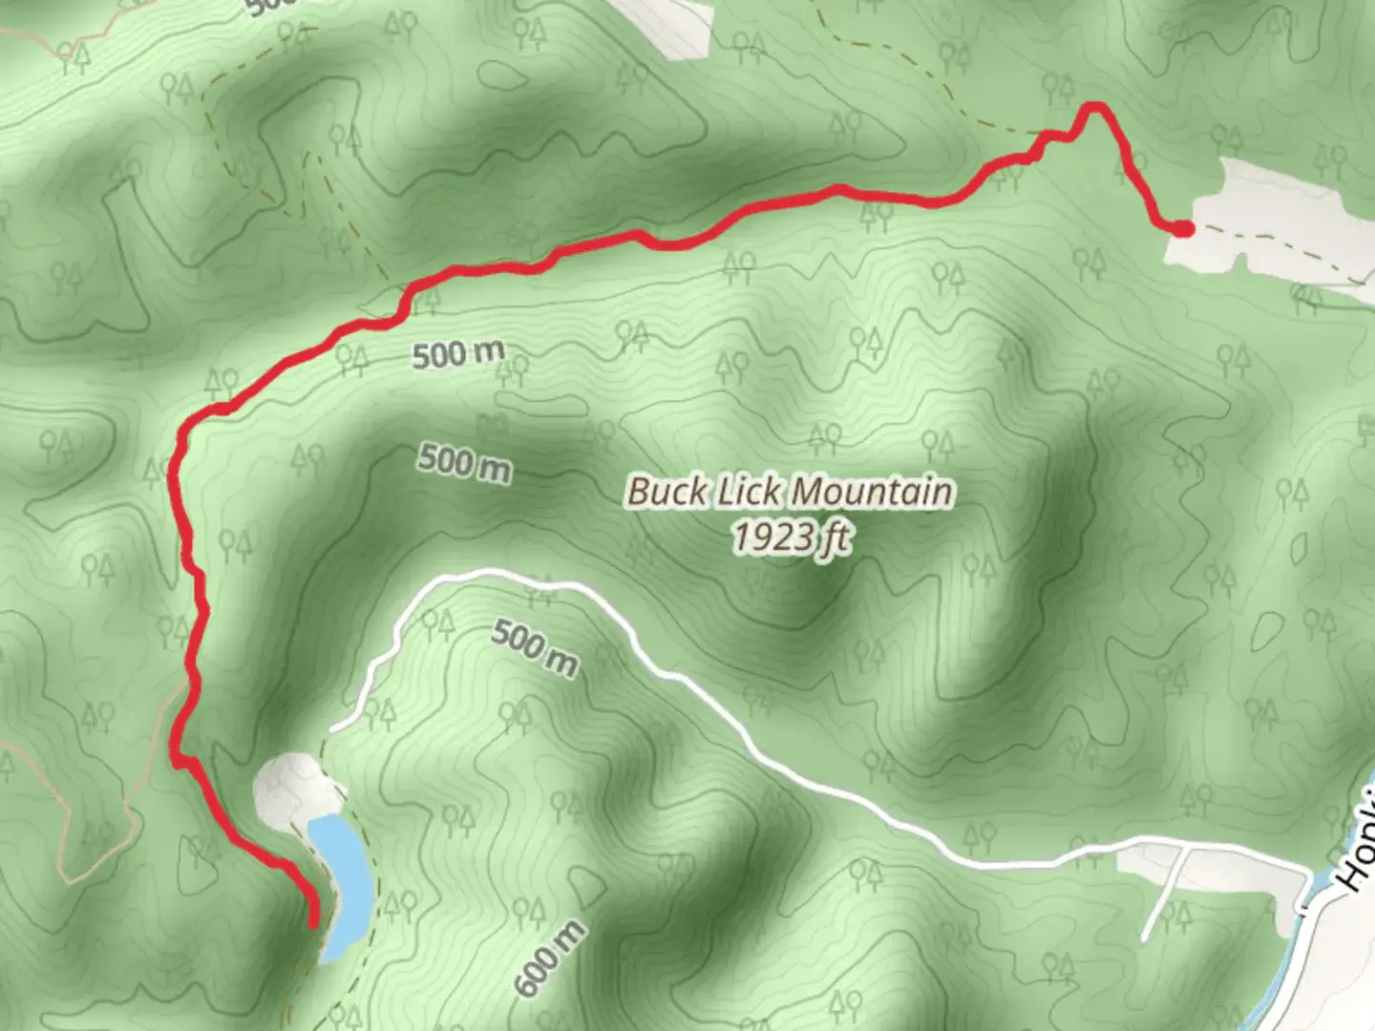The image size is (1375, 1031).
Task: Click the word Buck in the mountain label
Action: click(x=668, y=493)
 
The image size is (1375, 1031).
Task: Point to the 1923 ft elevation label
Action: click(x=792, y=537)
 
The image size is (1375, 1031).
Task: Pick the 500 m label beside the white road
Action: click(x=535, y=647)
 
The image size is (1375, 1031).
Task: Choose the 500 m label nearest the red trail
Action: click(x=458, y=355)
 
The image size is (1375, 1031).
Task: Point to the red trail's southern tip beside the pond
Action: click(x=313, y=922)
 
